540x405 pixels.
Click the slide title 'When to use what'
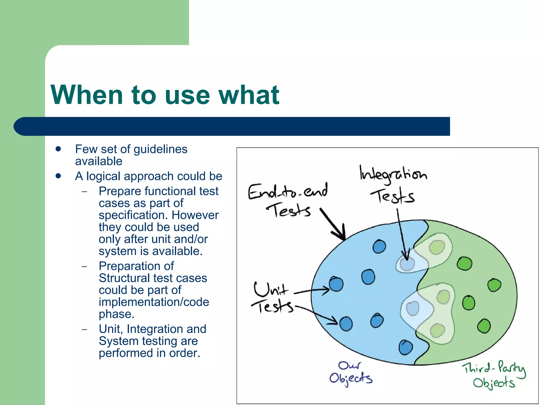pos(165,95)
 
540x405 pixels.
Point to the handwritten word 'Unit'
pos(271,289)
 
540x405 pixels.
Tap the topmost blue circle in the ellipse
pos(379,247)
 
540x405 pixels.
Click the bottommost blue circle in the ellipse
pos(406,348)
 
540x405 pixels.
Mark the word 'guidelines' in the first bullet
pos(160,150)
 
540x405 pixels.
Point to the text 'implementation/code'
pos(154,302)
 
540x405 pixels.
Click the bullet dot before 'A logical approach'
pos(58,176)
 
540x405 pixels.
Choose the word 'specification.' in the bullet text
pos(133,215)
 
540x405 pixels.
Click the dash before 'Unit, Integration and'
pos(84,329)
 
